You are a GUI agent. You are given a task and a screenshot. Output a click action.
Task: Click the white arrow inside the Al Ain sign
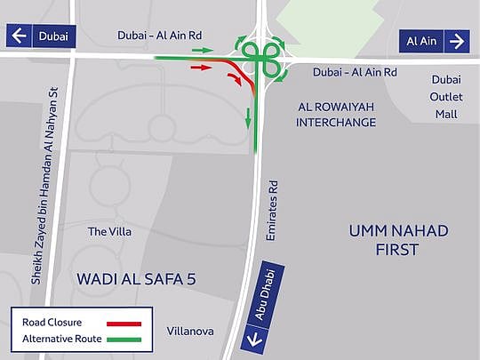(x=458, y=41)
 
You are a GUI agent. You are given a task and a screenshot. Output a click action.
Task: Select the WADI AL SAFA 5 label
(x=136, y=278)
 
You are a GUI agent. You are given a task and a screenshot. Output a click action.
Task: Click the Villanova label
(x=190, y=331)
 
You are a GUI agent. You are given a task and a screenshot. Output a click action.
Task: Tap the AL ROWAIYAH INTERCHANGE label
(x=335, y=114)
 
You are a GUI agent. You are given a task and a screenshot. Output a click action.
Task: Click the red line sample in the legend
(x=125, y=323)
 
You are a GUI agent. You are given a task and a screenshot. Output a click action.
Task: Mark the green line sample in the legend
(x=125, y=338)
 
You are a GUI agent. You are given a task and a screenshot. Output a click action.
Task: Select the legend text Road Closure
(x=52, y=323)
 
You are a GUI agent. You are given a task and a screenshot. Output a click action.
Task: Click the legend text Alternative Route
(x=58, y=338)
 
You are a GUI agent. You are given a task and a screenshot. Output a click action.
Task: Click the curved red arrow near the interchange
(x=235, y=81)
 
